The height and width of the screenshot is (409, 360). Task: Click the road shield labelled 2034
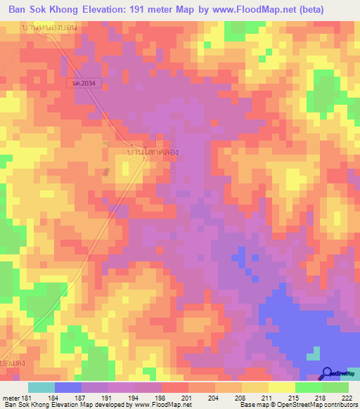coord(83,83)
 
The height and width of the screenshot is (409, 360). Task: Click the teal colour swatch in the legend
coord(41,387)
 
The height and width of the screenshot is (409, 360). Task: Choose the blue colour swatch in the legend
coord(68,387)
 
